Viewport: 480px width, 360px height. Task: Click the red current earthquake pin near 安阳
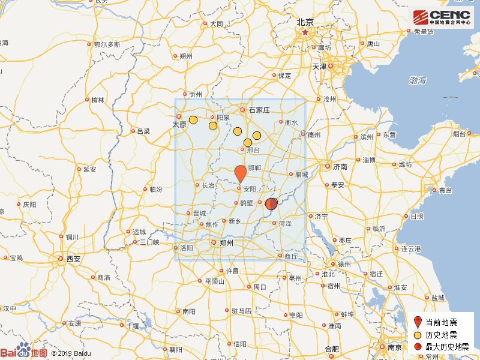[x=239, y=173]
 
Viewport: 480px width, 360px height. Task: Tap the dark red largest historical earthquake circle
[x=271, y=203]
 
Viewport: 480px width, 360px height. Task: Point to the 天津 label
[x=318, y=66]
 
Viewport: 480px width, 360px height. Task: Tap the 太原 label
[x=179, y=124]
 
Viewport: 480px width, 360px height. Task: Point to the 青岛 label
[x=445, y=190]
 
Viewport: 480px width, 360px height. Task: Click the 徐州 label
[x=344, y=264]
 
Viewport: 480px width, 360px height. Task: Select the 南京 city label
[x=394, y=347]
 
